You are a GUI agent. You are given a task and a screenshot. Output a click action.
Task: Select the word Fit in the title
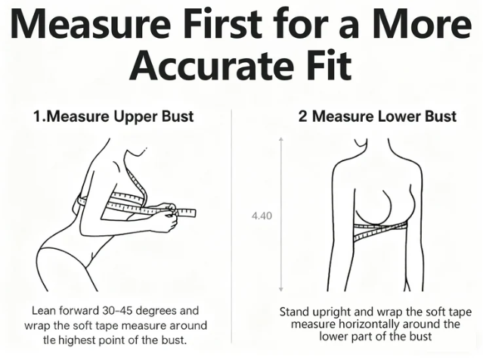coord(328,64)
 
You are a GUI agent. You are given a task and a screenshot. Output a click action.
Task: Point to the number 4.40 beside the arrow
coord(262,216)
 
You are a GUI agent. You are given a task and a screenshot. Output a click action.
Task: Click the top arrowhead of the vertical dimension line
coord(280,139)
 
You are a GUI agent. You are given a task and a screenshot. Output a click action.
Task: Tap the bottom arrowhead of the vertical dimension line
coord(280,289)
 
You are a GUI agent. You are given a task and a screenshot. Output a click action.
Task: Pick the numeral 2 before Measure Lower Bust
coord(303,116)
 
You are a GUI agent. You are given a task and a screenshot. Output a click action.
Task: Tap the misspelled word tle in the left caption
coord(48,340)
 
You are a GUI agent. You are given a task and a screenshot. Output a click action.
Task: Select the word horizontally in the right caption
coord(370,324)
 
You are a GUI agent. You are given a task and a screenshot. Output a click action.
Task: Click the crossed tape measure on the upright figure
coord(380,231)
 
